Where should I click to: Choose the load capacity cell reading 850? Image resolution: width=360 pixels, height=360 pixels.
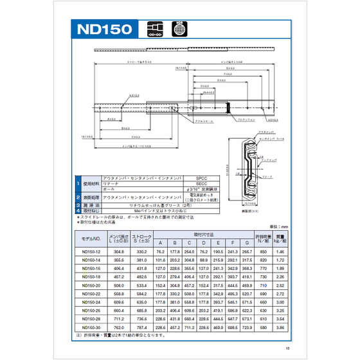pyautogui.click(x=262, y=252)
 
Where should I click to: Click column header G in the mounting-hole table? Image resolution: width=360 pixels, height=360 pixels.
pyautogui.click(x=246, y=242)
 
